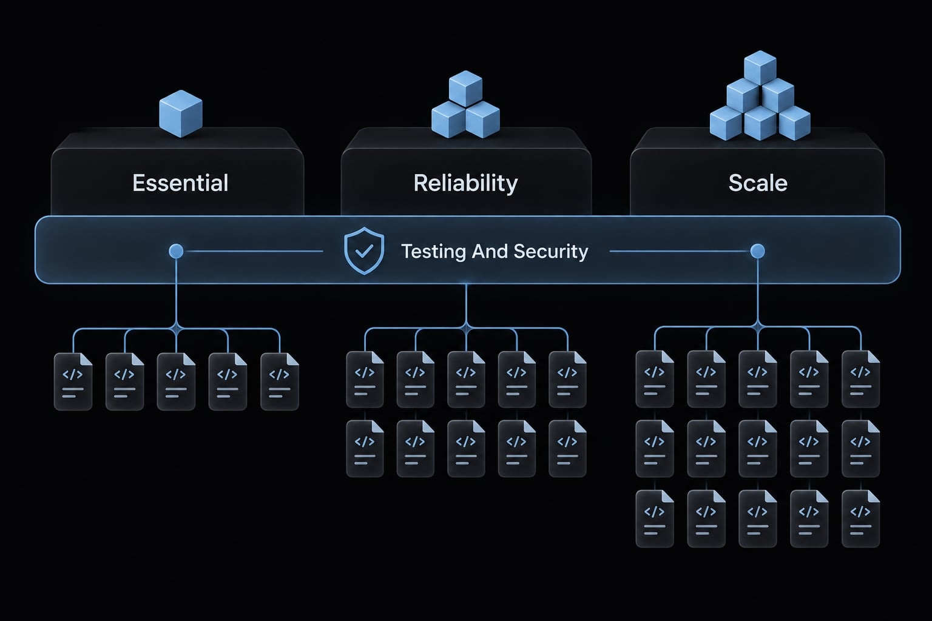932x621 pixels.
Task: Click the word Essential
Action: coord(180,183)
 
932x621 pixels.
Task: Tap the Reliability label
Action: coord(465,183)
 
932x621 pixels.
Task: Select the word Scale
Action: coord(758,183)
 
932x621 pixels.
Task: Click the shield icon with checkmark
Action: coord(364,251)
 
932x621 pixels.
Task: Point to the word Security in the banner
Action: coord(551,252)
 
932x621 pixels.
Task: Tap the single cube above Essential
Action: coord(181,113)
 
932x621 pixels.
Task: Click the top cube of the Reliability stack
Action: coord(465,89)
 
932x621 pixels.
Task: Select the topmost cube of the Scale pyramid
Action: coord(760,68)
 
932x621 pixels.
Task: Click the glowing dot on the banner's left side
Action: coord(176,251)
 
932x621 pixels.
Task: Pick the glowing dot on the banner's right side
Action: coord(757,251)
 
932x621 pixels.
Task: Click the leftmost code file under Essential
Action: coord(73,382)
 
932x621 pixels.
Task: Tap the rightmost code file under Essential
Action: coord(280,382)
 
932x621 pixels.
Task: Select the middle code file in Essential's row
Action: coord(176,382)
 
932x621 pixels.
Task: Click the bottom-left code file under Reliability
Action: coord(365,448)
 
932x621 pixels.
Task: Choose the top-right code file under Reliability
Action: coord(567,380)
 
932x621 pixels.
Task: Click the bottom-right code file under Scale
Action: coord(860,519)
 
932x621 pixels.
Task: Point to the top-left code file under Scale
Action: coord(655,379)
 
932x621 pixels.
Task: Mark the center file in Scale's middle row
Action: coord(758,448)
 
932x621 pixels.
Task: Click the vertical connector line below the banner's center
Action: coord(466,305)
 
